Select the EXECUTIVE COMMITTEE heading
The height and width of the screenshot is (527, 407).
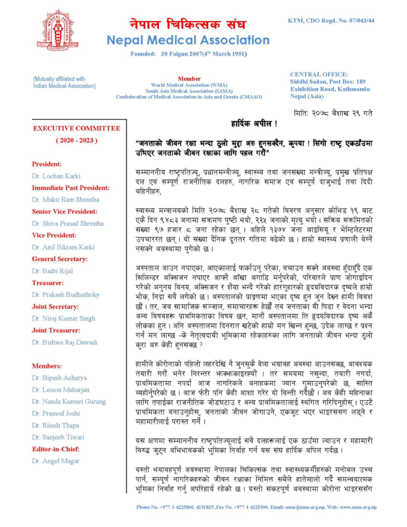[x=77, y=128]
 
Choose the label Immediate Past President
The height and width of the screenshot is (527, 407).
[x=70, y=188]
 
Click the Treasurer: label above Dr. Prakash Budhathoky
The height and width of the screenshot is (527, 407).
[x=48, y=283]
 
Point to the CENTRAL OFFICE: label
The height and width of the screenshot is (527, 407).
[x=319, y=75]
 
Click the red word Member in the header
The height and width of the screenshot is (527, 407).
[x=189, y=78]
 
